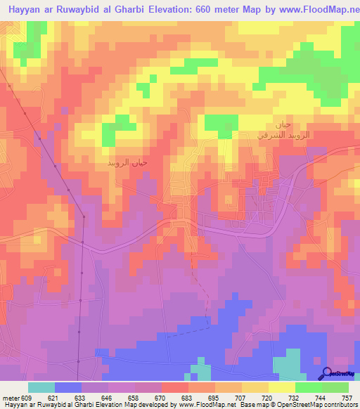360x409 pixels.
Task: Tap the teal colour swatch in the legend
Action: coord(41,387)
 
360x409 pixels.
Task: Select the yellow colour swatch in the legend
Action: coord(281,387)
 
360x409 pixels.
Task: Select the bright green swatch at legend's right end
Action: coord(335,387)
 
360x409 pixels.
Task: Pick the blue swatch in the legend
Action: coord(68,387)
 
